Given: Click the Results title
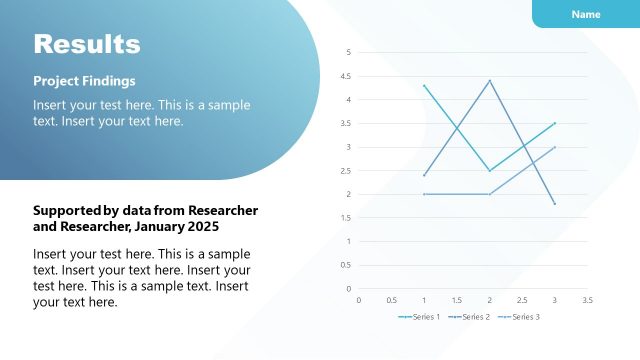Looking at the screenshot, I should (x=87, y=44).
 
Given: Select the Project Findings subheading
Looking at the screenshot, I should (x=84, y=81).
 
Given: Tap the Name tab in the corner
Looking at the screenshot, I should (x=586, y=14).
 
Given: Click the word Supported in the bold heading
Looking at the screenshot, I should (x=66, y=211).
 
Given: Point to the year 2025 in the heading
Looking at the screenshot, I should (x=200, y=228).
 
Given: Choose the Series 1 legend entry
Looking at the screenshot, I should (x=419, y=317).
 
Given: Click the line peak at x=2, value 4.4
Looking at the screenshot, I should (x=490, y=80).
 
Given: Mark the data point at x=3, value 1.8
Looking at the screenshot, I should (x=555, y=204).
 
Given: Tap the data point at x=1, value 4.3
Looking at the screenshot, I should (x=424, y=85).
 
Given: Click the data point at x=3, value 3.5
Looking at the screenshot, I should (x=555, y=123).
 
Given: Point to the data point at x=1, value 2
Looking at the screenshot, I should (x=424, y=194).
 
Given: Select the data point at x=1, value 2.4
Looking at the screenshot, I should (x=424, y=175).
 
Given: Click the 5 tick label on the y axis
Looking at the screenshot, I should (x=349, y=52).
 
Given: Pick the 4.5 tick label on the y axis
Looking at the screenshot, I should (x=346, y=76).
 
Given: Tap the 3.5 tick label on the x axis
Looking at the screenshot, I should (x=587, y=299).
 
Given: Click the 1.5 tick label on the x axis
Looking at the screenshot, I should (x=457, y=299).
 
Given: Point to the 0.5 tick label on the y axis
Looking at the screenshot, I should (x=346, y=265).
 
